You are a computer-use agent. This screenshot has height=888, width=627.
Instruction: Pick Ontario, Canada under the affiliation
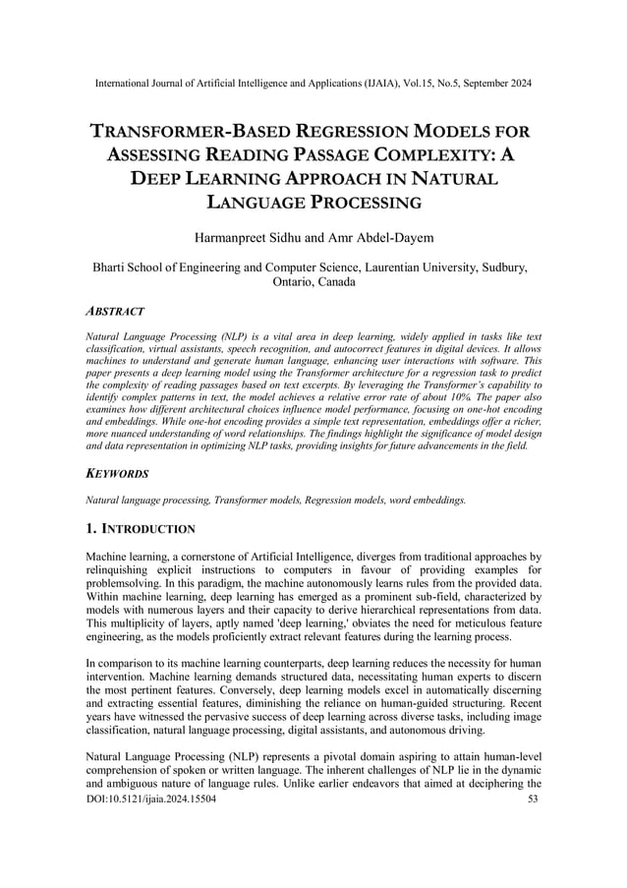pyautogui.click(x=313, y=281)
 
